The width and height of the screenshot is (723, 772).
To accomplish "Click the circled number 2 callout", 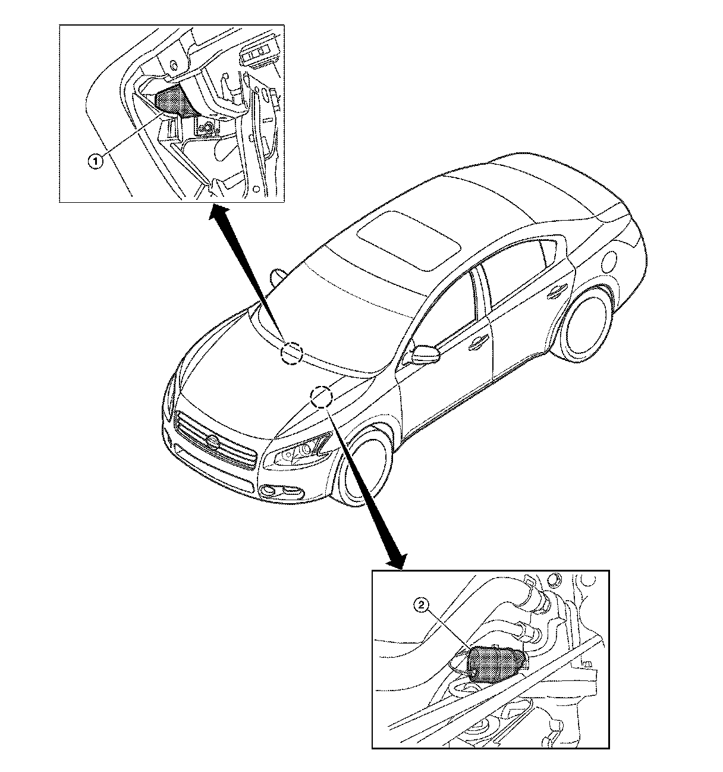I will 422,605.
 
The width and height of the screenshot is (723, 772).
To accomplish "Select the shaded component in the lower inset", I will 495,663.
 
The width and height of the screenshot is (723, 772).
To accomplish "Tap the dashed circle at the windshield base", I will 291,352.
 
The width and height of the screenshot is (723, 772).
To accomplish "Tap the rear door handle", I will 556,291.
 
